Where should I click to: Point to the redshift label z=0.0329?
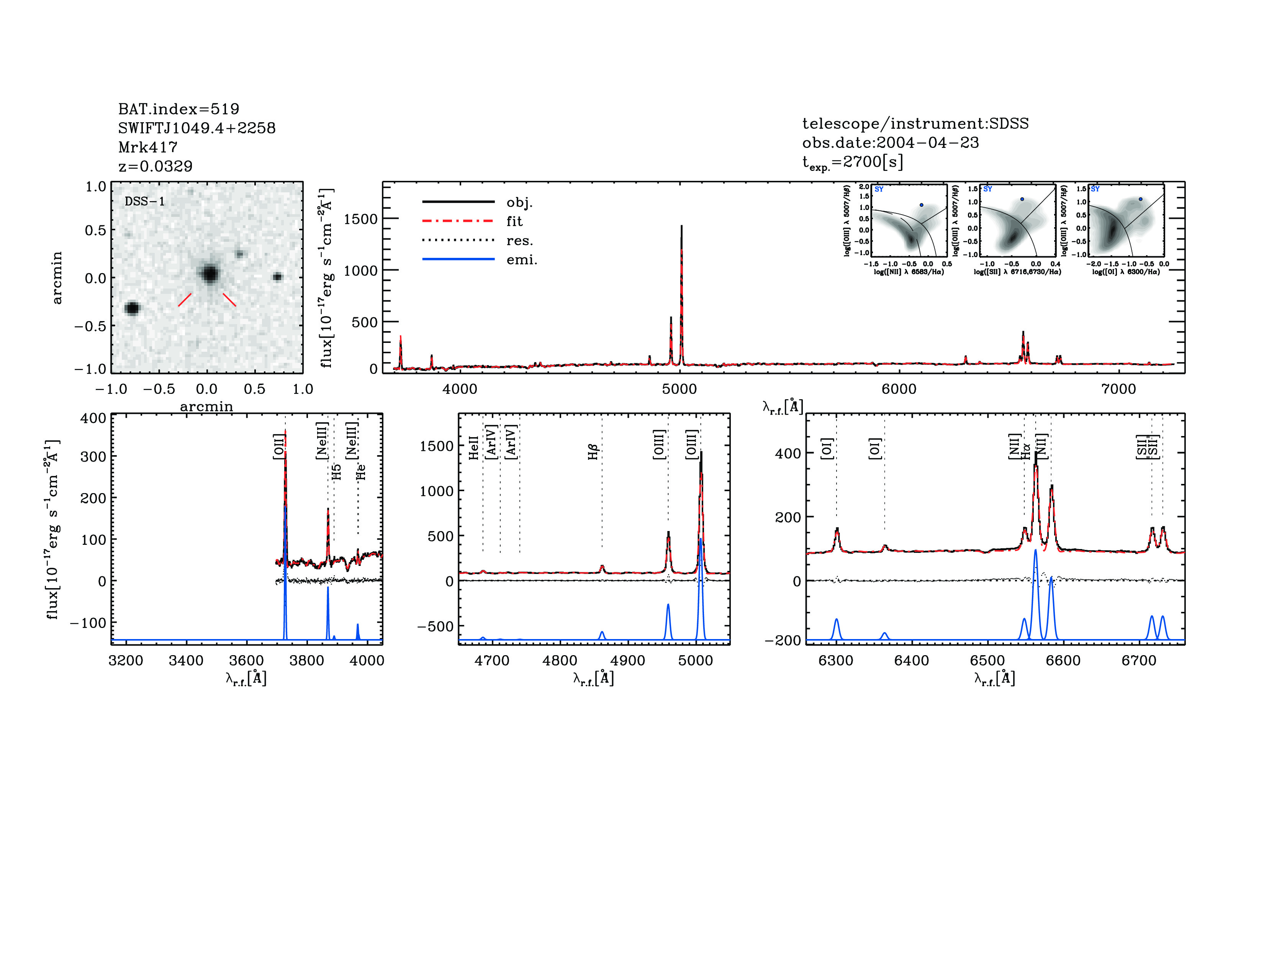coord(155,166)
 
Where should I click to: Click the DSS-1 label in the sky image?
coord(145,202)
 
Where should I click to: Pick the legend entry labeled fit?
coord(514,221)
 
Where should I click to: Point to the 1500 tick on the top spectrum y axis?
coord(360,219)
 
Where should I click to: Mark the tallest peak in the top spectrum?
coord(681,227)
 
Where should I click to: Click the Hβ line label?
coord(593,451)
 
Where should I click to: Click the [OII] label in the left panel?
coord(278,446)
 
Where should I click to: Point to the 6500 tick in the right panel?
coord(987,661)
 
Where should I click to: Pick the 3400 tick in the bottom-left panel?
coord(186,661)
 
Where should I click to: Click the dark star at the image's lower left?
coord(133,308)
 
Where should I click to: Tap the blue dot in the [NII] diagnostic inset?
coord(921,205)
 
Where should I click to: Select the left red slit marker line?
coord(185,300)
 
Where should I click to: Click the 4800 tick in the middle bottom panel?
coord(560,661)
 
